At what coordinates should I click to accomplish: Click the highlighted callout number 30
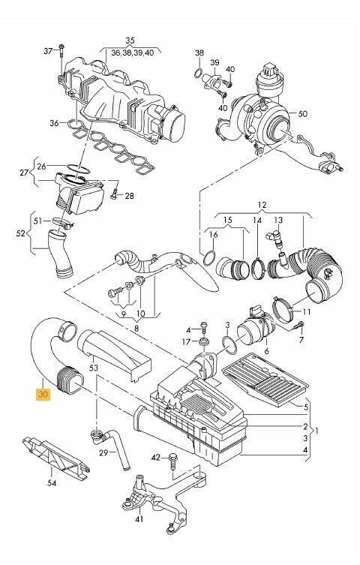coord(43,394)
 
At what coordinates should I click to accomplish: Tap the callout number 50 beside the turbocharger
coord(303,114)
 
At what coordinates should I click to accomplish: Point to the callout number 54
coord(52,482)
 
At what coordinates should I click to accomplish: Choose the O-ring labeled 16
coord(209,258)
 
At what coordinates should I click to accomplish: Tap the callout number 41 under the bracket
coord(139,519)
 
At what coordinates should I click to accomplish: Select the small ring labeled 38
coord(199,74)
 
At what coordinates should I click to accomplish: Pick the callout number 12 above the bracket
coord(262,205)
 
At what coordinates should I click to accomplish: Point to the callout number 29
coord(103,452)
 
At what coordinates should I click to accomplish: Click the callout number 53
coord(94,368)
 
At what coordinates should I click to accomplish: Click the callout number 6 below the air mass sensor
coord(266,350)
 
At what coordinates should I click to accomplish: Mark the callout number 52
coord(21,233)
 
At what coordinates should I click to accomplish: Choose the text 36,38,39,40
coord(132,53)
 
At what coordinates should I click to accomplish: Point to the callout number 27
coord(24,173)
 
